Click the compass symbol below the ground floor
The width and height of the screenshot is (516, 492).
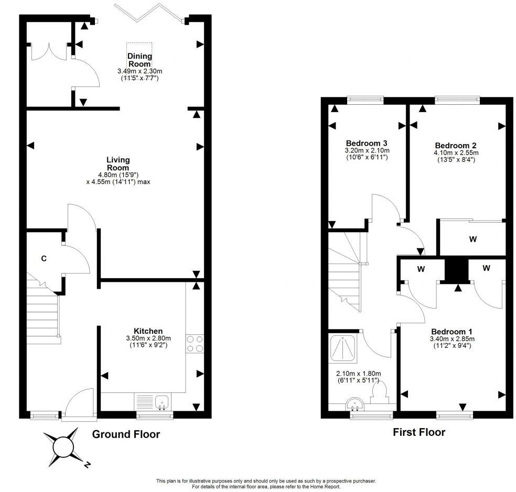pyautogui.click(x=64, y=447)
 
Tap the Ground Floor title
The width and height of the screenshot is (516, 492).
pyautogui.click(x=126, y=434)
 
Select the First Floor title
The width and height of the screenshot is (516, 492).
pyautogui.click(x=418, y=432)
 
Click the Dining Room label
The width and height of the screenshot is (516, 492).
pyautogui.click(x=139, y=60)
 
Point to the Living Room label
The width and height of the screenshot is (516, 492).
pyautogui.click(x=118, y=163)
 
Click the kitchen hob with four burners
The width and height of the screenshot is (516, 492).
pyautogui.click(x=195, y=344)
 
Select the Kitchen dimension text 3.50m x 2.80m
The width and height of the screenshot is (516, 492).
pyautogui.click(x=148, y=338)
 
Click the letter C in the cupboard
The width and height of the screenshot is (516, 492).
pyautogui.click(x=44, y=258)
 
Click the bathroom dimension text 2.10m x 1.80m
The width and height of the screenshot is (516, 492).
pyautogui.click(x=358, y=374)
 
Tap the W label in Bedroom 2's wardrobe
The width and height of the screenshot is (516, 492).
pyautogui.click(x=472, y=239)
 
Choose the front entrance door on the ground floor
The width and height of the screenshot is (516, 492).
pyautogui.click(x=79, y=406)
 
